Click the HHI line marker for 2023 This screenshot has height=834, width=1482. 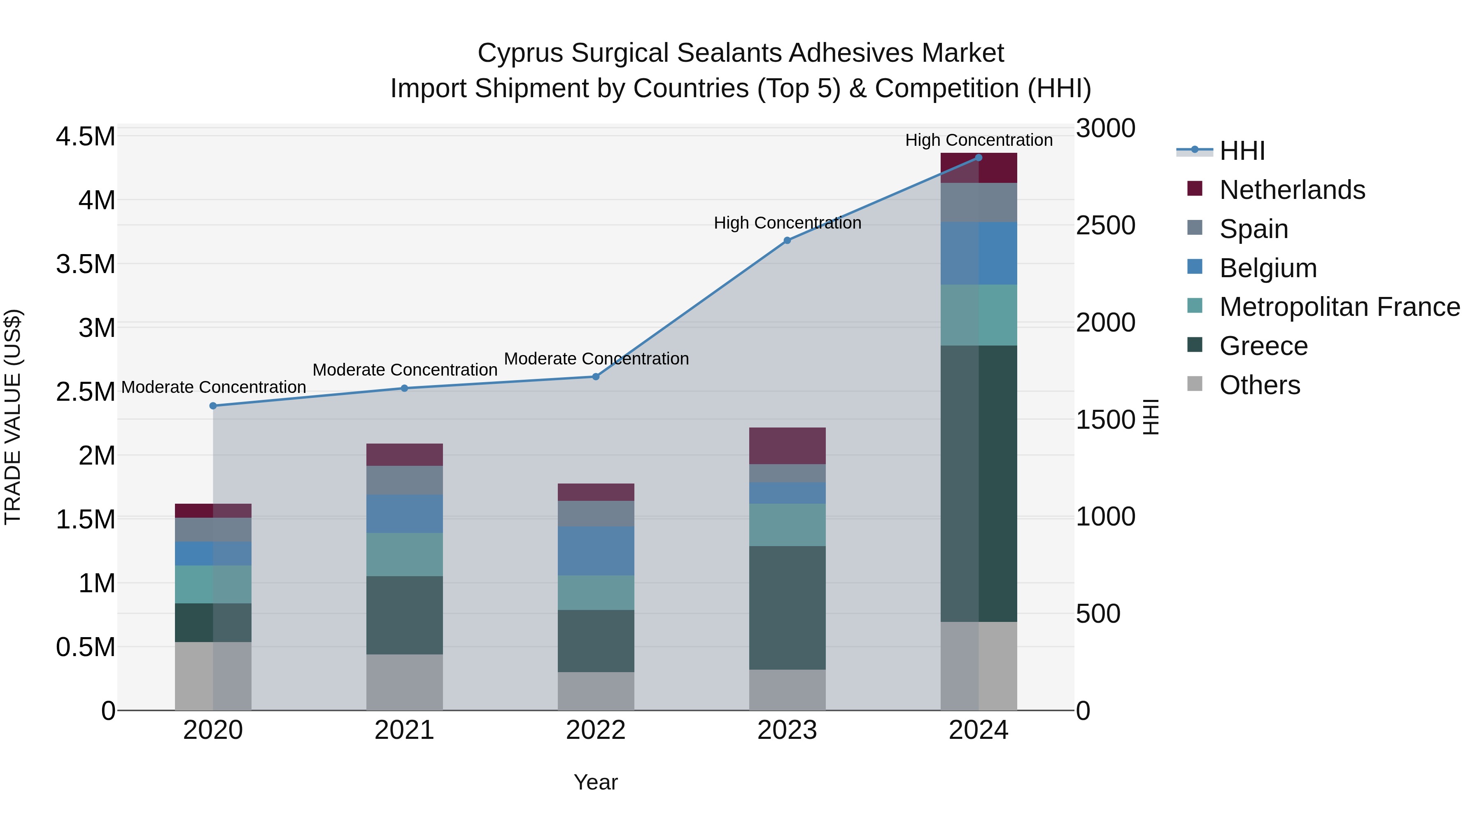(787, 241)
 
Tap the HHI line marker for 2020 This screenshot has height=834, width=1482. (213, 406)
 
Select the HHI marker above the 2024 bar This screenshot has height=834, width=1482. (979, 158)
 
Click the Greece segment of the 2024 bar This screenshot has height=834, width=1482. (979, 484)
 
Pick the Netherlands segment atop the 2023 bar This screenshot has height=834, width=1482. (787, 446)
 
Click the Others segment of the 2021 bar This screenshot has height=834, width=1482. (404, 682)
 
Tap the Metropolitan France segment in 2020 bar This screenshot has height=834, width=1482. (213, 584)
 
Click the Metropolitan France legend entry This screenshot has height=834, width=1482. (1339, 307)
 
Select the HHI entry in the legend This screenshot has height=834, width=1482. (1242, 151)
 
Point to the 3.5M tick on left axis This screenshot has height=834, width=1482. (86, 264)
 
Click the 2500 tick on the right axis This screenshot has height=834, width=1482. (1105, 226)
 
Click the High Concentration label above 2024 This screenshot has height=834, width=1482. (979, 140)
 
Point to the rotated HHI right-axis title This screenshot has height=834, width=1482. (1151, 417)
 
